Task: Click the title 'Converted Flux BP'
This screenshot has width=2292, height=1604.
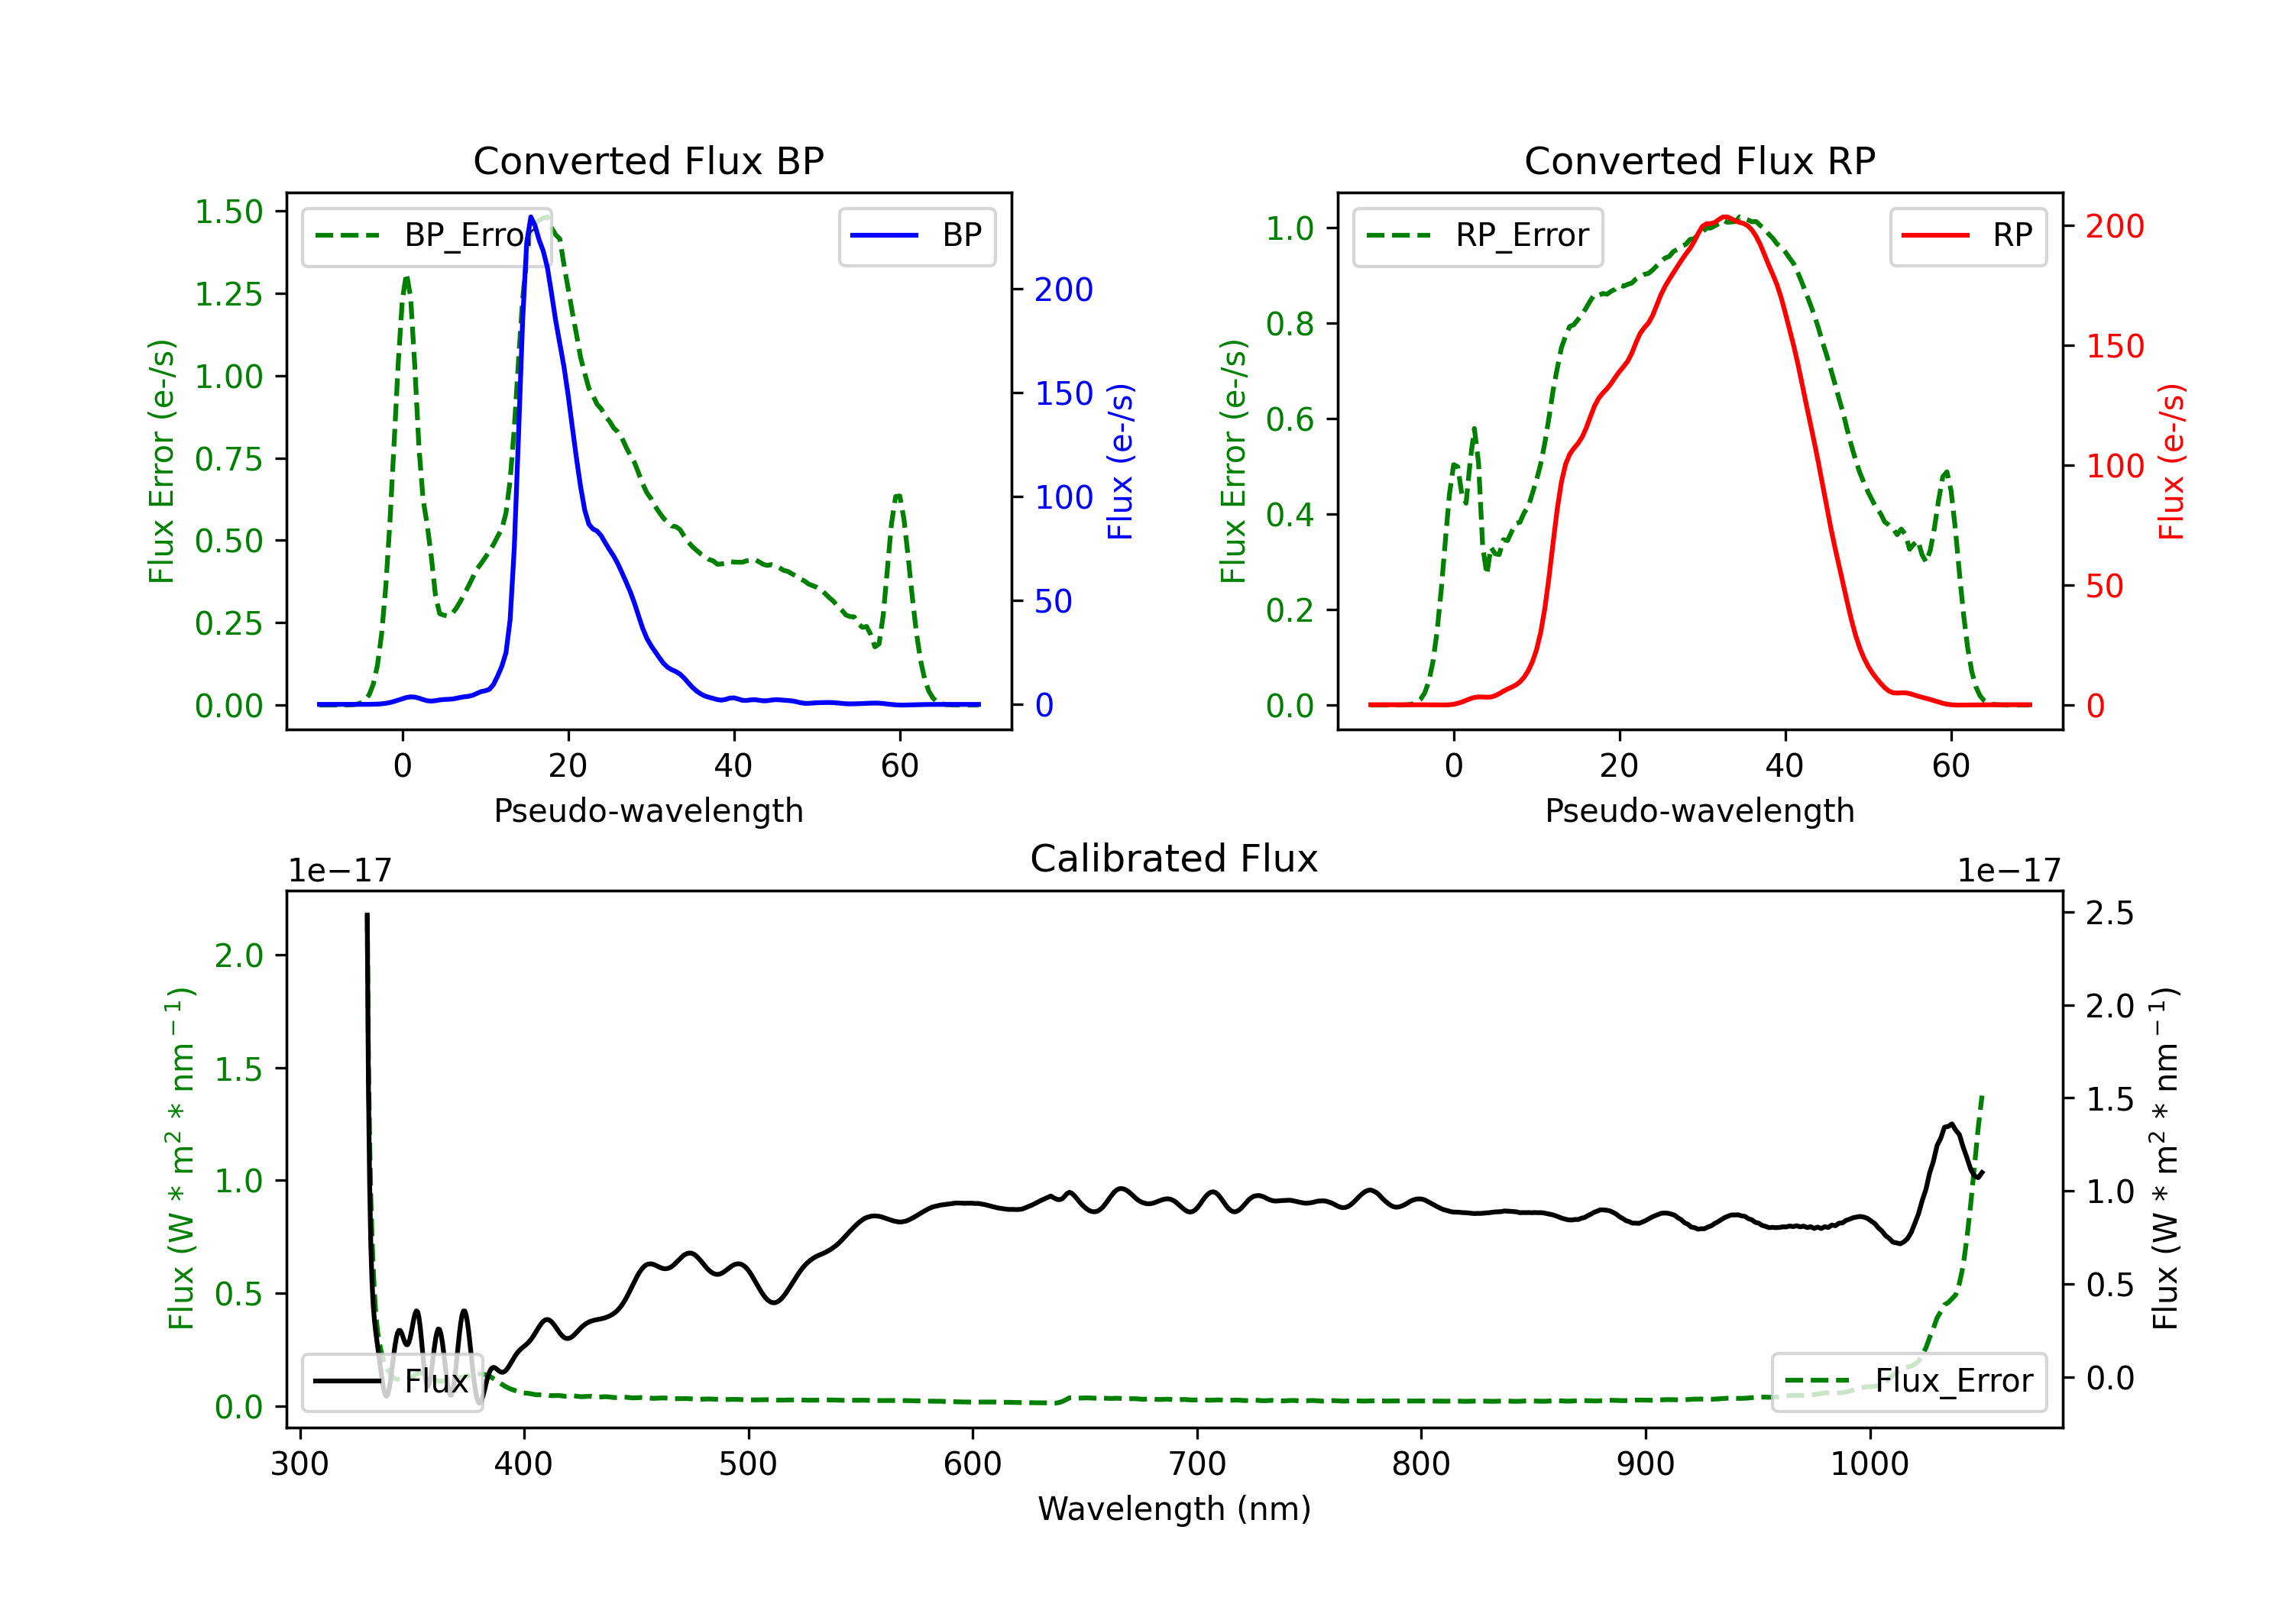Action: click(x=649, y=160)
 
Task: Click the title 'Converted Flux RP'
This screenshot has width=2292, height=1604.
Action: click(x=1700, y=160)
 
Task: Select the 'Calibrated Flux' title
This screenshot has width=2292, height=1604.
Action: click(x=1174, y=859)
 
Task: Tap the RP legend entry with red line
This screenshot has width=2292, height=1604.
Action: click(x=1967, y=235)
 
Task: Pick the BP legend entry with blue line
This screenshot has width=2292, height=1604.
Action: click(x=916, y=235)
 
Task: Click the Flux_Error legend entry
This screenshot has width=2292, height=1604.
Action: click(x=1908, y=1382)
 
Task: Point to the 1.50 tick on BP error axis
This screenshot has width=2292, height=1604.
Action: click(x=228, y=212)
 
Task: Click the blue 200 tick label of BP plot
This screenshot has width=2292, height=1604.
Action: click(x=1063, y=289)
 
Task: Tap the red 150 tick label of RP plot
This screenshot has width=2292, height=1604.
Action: click(x=2114, y=346)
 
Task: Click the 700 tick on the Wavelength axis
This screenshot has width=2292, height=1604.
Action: click(x=1197, y=1464)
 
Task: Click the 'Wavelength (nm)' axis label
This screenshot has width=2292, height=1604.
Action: click(x=1174, y=1509)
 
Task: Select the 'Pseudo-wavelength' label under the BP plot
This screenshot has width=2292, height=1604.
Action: click(x=649, y=810)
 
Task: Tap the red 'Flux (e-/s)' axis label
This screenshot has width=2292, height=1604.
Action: click(x=2171, y=462)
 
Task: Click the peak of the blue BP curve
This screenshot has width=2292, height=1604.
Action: click(x=531, y=217)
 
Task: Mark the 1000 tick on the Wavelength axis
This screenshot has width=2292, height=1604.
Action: click(x=1870, y=1464)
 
